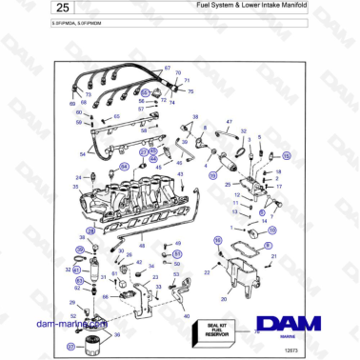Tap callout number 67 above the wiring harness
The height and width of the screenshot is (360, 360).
(x=168, y=69)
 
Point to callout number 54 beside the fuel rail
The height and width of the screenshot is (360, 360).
(x=84, y=152)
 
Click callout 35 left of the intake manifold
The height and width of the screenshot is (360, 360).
(x=76, y=188)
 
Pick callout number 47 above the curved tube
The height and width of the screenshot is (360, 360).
(x=230, y=122)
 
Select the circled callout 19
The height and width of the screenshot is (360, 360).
(x=213, y=175)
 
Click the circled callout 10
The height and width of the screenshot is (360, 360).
(x=271, y=230)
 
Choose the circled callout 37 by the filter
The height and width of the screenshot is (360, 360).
(x=70, y=347)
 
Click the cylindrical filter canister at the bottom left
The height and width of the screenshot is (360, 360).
(x=91, y=343)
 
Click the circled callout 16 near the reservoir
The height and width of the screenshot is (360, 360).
(x=218, y=240)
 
